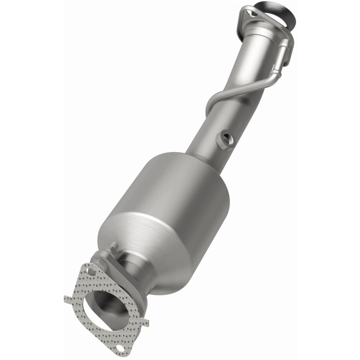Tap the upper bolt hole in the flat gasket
pos(91,272)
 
